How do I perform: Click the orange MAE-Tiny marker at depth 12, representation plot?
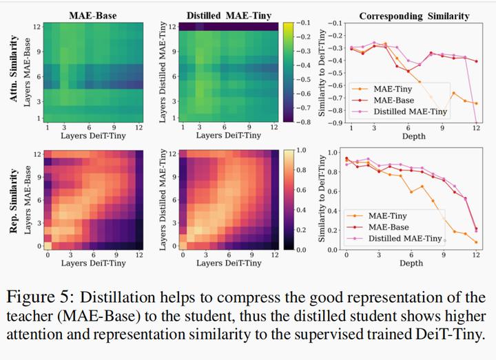point(476,242)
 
